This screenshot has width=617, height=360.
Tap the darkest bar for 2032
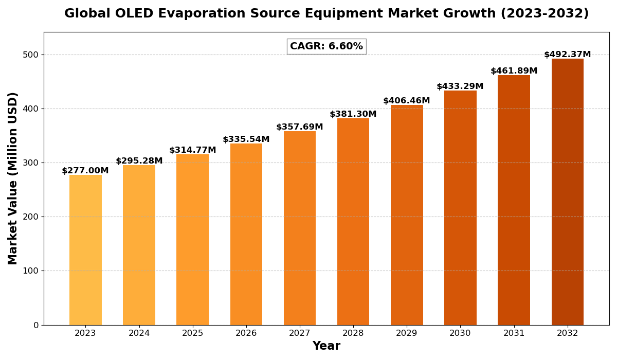[x=568, y=191]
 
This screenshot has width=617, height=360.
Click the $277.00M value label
[x=85, y=171]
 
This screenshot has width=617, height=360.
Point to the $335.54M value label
[x=246, y=139]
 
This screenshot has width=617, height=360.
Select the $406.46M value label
[x=407, y=101]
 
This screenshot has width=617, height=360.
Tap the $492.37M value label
[x=568, y=55]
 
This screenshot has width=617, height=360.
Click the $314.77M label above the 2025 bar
[x=193, y=150]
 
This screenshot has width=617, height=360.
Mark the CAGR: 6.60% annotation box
[x=326, y=46]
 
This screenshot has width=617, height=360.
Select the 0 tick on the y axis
[x=35, y=325]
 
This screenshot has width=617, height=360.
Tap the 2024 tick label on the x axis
[x=139, y=333]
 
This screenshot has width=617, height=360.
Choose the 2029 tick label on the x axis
[x=407, y=333]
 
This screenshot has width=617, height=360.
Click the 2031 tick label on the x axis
[x=514, y=333]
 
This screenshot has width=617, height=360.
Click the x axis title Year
[x=326, y=346]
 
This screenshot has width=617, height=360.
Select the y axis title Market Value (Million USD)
[x=13, y=178]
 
